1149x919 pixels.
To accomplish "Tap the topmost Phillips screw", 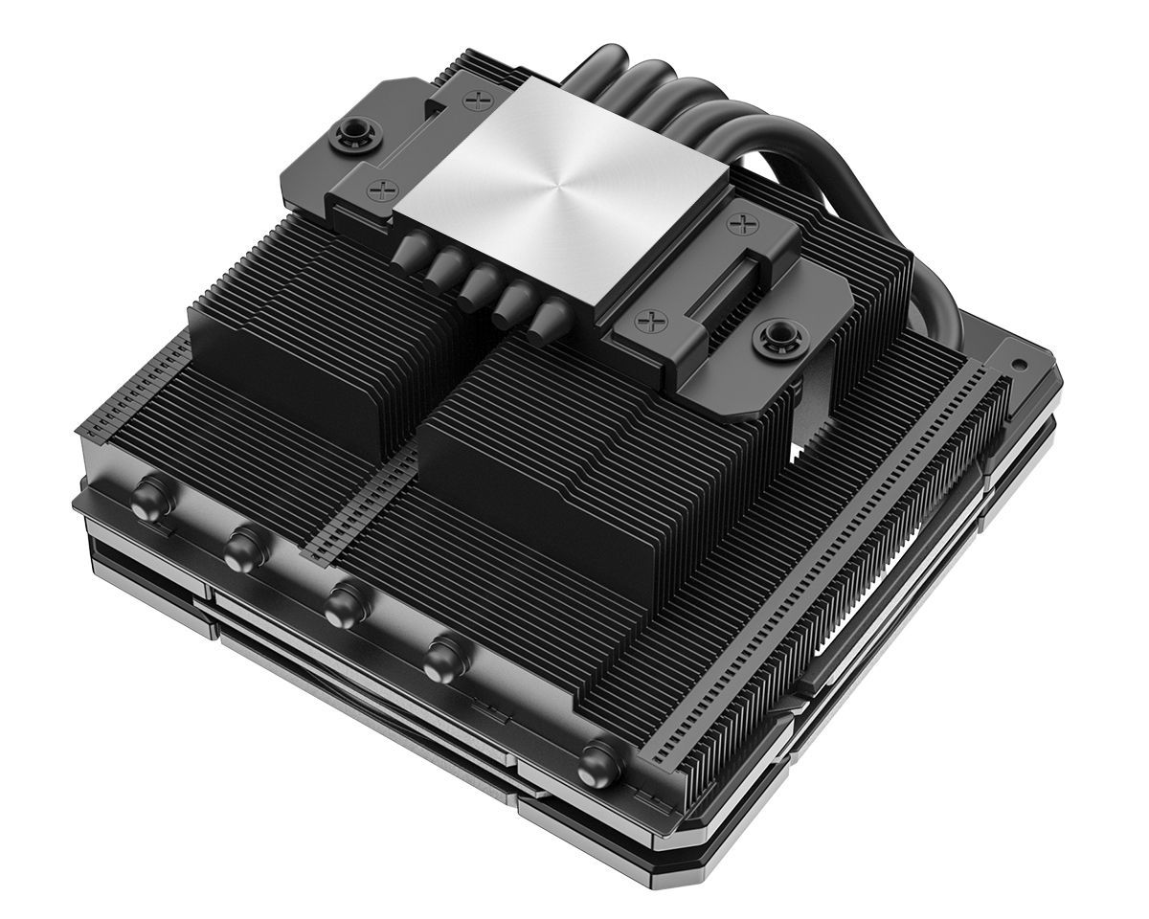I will [477, 99].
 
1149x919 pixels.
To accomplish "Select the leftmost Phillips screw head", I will [381, 191].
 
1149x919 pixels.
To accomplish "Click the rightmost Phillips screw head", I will [739, 225].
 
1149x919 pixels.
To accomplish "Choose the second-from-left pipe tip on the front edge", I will [244, 549].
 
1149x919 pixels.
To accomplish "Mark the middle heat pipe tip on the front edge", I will [343, 605].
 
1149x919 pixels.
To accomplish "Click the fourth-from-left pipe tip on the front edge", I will [443, 660].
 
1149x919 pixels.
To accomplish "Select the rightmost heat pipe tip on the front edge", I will [600, 763].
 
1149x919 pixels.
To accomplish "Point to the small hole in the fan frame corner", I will [1016, 364].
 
